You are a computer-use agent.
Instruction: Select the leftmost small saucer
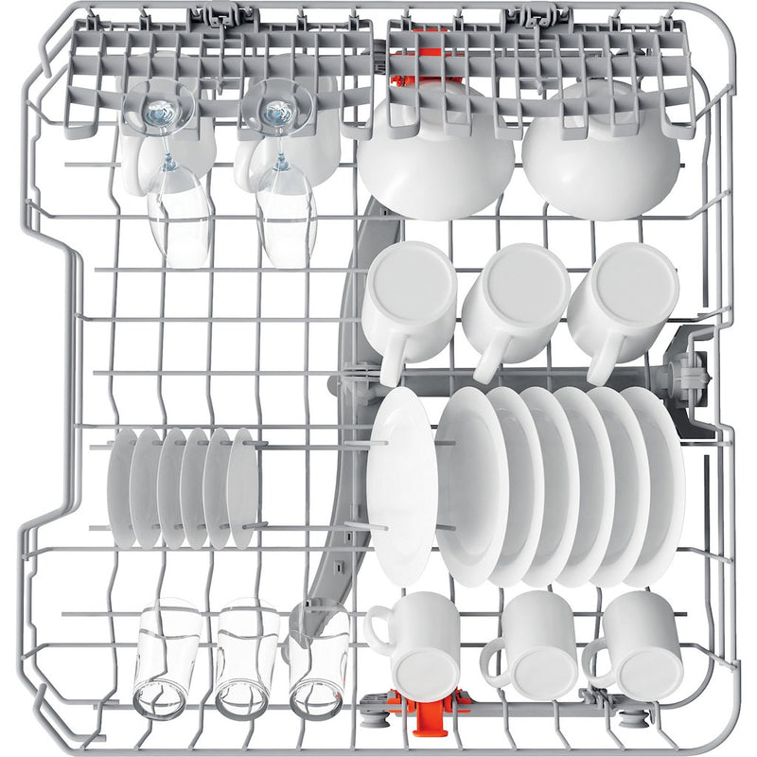click(123, 486)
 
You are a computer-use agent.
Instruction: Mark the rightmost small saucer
click(242, 488)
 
